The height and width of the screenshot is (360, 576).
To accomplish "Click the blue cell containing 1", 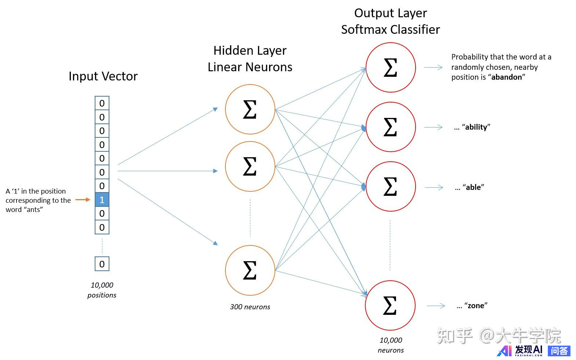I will coord(102,200).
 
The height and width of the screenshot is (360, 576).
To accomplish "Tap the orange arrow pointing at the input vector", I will coord(83,200).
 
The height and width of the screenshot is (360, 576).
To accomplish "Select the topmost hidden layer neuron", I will coord(250,109).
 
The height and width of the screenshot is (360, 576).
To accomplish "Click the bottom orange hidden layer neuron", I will coord(250,270).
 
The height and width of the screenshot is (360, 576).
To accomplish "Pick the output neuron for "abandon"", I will coord(391,67).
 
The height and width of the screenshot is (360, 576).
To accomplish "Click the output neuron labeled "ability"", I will coord(391,127).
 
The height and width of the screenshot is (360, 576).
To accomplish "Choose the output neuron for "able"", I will coord(391,187).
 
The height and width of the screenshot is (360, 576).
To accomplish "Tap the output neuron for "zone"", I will coord(390,305).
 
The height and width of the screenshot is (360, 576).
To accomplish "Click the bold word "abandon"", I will coord(506,77).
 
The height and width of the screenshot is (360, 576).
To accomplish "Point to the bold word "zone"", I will coord(476,306).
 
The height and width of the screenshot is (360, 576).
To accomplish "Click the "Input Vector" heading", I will coord(103,76).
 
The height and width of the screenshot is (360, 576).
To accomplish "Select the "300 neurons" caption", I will coord(250,307).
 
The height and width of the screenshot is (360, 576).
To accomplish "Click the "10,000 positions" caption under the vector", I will coord(102,290).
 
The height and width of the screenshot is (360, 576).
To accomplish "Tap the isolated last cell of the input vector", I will coord(102,264).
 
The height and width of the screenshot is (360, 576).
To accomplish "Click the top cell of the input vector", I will coord(102,103).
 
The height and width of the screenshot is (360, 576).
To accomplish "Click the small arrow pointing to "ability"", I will coord(433,127).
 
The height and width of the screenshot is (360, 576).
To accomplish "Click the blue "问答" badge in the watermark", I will coord(559,351).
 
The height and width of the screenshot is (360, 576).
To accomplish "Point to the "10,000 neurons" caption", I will coord(391,345).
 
